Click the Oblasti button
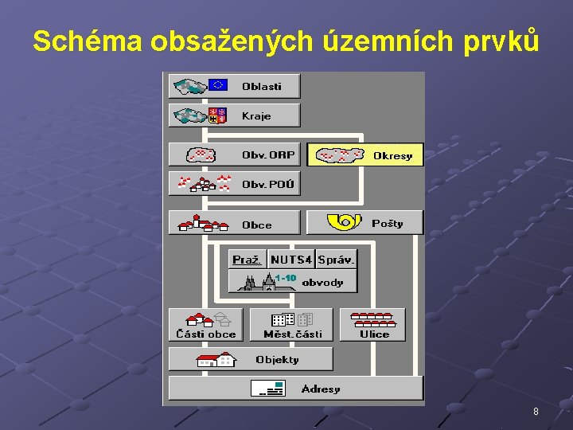(234, 86)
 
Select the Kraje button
(234, 115)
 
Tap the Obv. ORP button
(234, 154)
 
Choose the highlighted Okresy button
(365, 155)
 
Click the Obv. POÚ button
(234, 184)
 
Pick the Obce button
(234, 224)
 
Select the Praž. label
(247, 260)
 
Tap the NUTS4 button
(291, 260)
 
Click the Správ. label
(336, 260)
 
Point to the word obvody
(322, 283)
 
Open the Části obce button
(206, 325)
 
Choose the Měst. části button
(292, 325)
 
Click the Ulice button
(373, 325)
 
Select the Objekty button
(250, 359)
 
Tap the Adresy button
(295, 389)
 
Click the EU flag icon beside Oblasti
(218, 85)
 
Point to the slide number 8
(536, 412)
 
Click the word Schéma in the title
(87, 41)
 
